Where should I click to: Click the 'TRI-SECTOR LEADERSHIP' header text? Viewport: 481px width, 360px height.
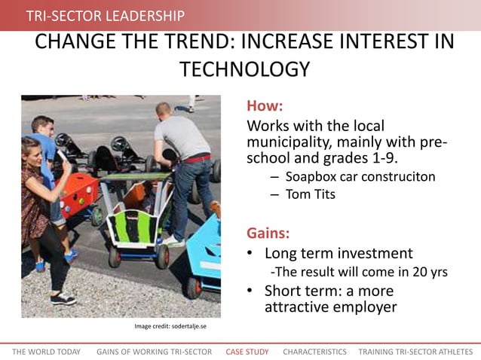click(x=105, y=16)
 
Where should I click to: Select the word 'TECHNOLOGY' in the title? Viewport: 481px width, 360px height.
click(x=245, y=69)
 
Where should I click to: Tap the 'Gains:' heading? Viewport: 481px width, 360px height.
click(x=268, y=232)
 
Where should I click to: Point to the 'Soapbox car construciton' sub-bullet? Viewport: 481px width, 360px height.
click(x=360, y=177)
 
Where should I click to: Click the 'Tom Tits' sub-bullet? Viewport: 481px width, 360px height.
click(x=311, y=194)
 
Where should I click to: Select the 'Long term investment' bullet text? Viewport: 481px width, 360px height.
click(x=339, y=253)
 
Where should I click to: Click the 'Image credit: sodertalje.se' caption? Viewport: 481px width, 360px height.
click(x=170, y=326)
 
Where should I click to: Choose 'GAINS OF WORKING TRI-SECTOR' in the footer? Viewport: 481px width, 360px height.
click(x=154, y=352)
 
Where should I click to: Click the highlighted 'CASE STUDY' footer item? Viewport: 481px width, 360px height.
click(x=247, y=352)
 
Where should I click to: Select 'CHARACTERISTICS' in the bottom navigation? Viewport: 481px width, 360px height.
click(x=314, y=352)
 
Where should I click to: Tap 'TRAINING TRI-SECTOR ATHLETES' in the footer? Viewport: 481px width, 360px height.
click(x=415, y=352)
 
